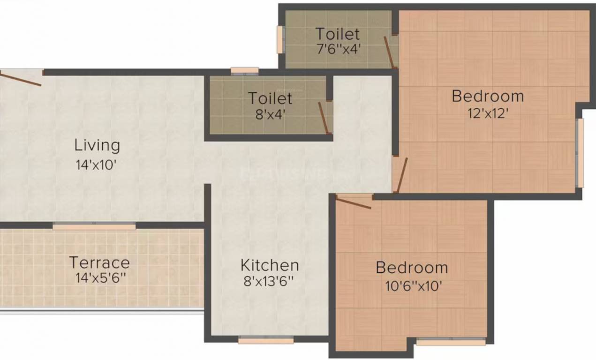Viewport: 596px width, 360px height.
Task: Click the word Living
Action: point(97,145)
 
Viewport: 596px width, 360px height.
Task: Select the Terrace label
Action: point(99,262)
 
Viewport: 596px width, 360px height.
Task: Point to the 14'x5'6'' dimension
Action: point(101,278)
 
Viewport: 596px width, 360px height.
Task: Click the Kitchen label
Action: point(270,265)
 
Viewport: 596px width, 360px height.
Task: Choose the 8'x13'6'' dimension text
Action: point(268,281)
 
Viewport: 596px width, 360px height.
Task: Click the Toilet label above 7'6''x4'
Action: point(337,34)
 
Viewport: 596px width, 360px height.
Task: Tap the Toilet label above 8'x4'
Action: point(270,98)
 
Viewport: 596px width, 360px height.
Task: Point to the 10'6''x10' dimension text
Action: point(414,286)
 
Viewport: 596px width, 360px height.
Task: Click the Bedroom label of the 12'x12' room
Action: point(488,96)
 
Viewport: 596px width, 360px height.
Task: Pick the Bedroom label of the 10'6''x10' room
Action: point(412,268)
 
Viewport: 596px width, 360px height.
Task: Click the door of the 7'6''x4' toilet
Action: point(389,52)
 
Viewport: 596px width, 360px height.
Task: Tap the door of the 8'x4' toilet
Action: point(323,118)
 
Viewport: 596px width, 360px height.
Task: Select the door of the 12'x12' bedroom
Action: point(402,175)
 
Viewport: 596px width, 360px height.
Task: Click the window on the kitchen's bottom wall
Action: point(265,340)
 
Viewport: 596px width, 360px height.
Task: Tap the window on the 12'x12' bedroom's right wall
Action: point(580,153)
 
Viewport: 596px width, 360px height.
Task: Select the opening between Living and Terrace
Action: point(94,226)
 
